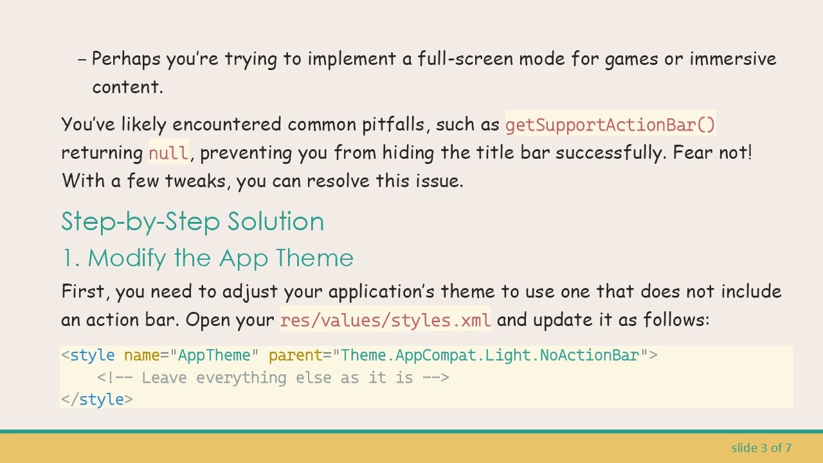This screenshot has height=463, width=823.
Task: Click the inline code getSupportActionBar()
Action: tap(610, 124)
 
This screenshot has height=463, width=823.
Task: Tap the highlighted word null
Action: tap(168, 153)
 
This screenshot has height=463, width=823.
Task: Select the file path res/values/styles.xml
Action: tap(385, 320)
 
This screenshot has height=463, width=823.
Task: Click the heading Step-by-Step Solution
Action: tap(192, 221)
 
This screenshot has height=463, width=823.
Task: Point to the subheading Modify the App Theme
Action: tap(220, 258)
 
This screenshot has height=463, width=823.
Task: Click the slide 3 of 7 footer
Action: tap(761, 448)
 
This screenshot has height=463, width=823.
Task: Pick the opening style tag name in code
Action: tap(93, 356)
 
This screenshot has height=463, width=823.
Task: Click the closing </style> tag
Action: tap(97, 399)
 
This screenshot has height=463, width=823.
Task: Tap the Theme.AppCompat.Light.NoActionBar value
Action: tap(490, 356)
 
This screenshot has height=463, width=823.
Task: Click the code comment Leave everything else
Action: tap(273, 377)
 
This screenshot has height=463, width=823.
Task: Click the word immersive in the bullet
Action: tap(733, 59)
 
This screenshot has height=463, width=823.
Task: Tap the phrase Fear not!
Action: tap(712, 153)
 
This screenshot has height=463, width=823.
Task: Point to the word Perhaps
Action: tap(126, 59)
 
